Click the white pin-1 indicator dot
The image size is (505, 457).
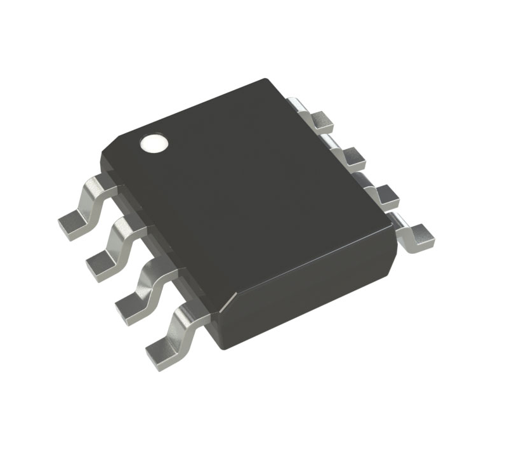154,143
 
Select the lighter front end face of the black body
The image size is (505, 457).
311,298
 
